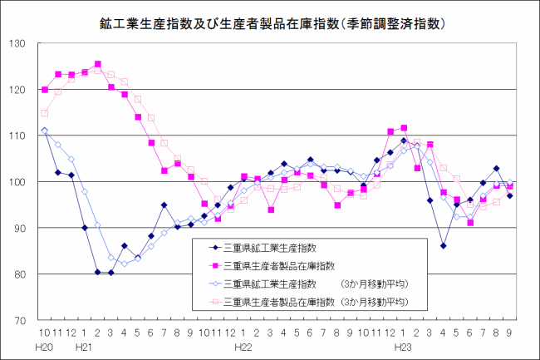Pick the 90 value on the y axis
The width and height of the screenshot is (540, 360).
click(23, 228)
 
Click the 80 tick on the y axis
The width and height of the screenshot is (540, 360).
click(23, 274)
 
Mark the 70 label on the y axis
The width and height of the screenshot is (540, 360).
click(23, 320)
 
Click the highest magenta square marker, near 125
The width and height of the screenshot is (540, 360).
click(98, 64)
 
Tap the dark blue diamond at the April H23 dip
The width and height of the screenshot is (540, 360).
click(444, 246)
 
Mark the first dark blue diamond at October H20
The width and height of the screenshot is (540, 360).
click(45, 131)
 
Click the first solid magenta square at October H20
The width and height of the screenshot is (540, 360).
click(45, 90)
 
